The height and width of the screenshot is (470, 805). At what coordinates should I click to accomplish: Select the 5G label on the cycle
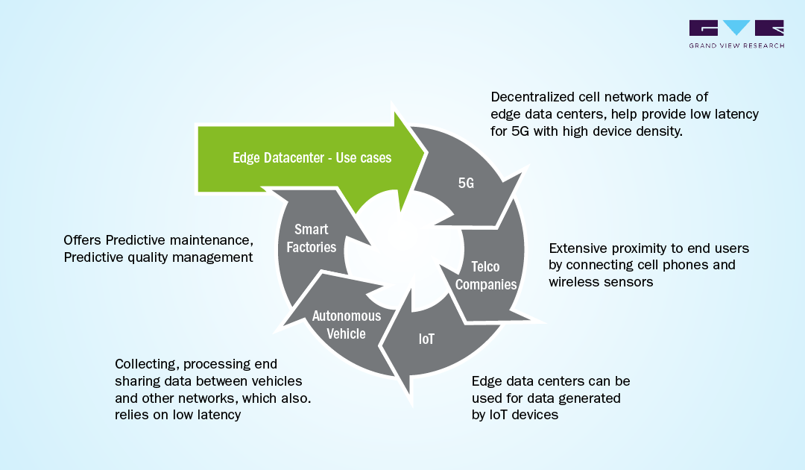click(x=466, y=183)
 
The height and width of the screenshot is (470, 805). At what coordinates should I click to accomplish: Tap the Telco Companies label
click(x=486, y=275)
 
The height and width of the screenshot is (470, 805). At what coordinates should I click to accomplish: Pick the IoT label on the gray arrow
click(x=426, y=339)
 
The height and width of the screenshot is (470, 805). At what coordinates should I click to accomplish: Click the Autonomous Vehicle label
click(x=346, y=325)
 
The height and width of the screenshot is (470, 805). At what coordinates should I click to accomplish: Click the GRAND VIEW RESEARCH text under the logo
click(x=736, y=46)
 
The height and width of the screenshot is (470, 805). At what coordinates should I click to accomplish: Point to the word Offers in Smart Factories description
click(x=83, y=240)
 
